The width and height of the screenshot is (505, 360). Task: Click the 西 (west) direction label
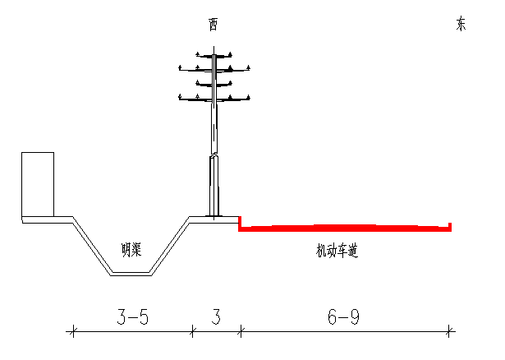click(213, 25)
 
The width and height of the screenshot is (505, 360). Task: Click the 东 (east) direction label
click(461, 24)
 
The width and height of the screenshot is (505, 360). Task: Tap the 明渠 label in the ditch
click(131, 250)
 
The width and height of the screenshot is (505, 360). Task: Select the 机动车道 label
click(337, 251)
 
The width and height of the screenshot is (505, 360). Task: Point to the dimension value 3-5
click(133, 316)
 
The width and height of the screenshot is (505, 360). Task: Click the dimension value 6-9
click(343, 316)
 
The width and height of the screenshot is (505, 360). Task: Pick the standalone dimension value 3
click(216, 316)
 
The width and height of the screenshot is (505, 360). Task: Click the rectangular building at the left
click(38, 184)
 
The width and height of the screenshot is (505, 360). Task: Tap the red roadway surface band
click(345, 228)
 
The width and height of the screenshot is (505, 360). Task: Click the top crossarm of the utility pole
click(213, 55)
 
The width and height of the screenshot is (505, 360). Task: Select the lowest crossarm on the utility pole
click(214, 98)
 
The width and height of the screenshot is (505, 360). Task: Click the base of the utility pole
click(213, 215)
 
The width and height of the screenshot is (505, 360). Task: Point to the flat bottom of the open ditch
click(131, 274)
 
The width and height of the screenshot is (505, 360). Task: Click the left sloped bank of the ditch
click(92, 246)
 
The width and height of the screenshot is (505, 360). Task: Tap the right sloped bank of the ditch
click(169, 246)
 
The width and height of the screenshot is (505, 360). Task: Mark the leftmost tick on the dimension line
click(73, 331)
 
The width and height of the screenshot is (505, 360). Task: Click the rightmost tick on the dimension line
click(449, 331)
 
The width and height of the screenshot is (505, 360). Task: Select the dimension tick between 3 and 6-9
click(241, 331)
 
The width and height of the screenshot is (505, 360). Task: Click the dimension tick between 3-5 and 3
click(192, 331)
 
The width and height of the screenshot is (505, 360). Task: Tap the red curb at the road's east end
click(450, 227)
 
